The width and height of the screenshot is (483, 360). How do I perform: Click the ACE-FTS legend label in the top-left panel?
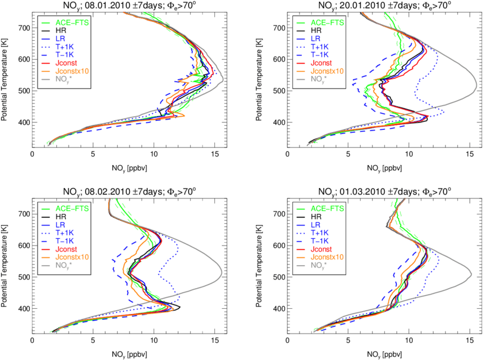coord(72,22)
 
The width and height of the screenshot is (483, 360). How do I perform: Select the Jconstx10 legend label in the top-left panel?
coord(75,71)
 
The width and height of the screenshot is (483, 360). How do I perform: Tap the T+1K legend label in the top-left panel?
coord(67,47)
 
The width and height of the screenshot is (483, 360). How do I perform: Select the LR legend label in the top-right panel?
coord(316,39)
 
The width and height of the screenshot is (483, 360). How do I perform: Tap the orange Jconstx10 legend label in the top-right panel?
coord(330,71)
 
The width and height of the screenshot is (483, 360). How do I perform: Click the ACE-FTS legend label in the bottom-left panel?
coord(72,209)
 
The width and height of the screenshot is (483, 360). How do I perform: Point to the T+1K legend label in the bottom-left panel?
coord(67,233)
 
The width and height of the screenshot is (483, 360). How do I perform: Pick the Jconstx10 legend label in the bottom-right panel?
coord(330,257)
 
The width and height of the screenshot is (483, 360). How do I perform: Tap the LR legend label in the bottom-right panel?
coord(316,225)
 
